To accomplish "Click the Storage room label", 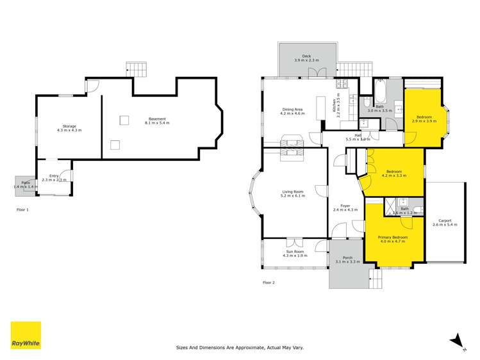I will [x=69, y=128].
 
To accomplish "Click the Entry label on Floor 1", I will [x=54, y=177].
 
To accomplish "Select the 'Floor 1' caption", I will [x=23, y=209].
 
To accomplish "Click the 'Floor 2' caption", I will [x=269, y=282].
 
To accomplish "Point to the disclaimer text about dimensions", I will [x=240, y=348].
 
